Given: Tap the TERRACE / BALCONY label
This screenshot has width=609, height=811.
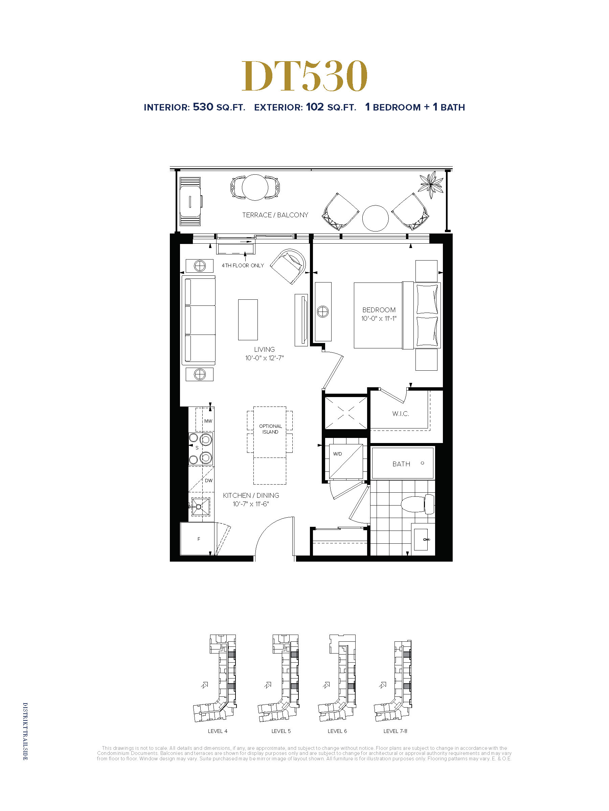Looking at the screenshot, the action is (x=275, y=215).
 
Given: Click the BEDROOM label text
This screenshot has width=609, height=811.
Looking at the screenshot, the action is (x=379, y=310).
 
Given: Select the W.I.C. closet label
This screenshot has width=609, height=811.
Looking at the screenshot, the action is (x=400, y=414).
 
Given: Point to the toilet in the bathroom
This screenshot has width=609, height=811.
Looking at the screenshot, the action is (x=418, y=504).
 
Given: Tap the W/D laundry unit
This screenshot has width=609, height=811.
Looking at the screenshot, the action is (x=346, y=461).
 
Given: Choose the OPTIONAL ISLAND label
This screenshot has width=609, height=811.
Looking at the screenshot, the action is (x=271, y=429).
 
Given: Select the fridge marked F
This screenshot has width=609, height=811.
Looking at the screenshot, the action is (x=198, y=539).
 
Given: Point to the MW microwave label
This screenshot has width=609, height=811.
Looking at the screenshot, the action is (x=208, y=421).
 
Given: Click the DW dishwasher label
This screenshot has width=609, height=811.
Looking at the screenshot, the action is (x=208, y=480).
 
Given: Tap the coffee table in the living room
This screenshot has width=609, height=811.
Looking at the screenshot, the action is (x=248, y=320).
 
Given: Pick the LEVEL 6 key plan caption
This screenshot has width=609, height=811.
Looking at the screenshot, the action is (x=337, y=731).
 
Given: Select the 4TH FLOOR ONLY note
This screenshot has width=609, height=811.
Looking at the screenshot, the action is (x=243, y=266).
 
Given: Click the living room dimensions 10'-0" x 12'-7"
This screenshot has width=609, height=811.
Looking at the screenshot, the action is (x=264, y=358).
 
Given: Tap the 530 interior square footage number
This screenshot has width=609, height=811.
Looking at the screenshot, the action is (x=203, y=107).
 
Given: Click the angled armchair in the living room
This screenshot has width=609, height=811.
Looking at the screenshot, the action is (x=289, y=266).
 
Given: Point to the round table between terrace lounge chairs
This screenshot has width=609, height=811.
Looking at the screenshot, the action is (x=375, y=218).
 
